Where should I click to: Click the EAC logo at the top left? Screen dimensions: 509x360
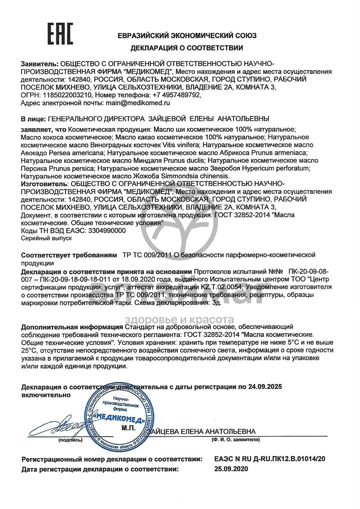[x=60, y=34]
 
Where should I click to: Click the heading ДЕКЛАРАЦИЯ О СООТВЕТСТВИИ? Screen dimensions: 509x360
[x=187, y=48]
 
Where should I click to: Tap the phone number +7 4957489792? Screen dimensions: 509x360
[x=175, y=95]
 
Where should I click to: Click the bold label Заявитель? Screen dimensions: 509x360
[x=39, y=64]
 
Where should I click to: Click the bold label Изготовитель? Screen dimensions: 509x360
[x=44, y=183]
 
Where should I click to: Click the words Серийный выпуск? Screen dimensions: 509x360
[x=46, y=238]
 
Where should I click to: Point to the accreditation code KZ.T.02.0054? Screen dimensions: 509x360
[x=222, y=287]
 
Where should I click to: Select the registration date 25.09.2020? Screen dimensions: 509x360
[x=231, y=469]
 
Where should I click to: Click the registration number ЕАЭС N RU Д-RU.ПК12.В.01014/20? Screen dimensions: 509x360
[x=270, y=459]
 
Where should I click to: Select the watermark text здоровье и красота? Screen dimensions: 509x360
[x=180, y=319]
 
